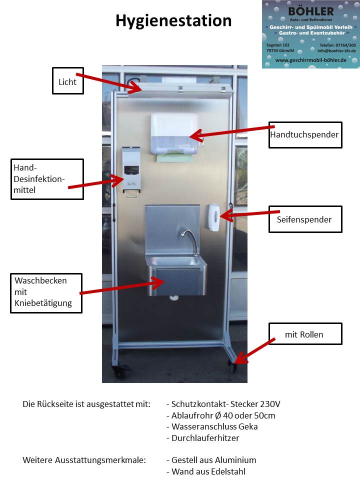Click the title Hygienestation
[x=173, y=20]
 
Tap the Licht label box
[x=67, y=81]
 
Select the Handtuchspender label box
[x=305, y=134]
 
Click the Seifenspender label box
[x=305, y=219]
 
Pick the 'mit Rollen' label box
[x=305, y=334]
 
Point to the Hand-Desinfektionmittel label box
[x=47, y=178]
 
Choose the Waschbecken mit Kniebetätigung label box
[x=47, y=292]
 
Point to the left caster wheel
[x=120, y=371]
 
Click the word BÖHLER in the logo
[x=310, y=10]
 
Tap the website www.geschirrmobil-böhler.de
[x=310, y=60]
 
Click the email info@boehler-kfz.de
[x=336, y=50]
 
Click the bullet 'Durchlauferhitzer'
[x=205, y=438]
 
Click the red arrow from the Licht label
[x=107, y=82]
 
